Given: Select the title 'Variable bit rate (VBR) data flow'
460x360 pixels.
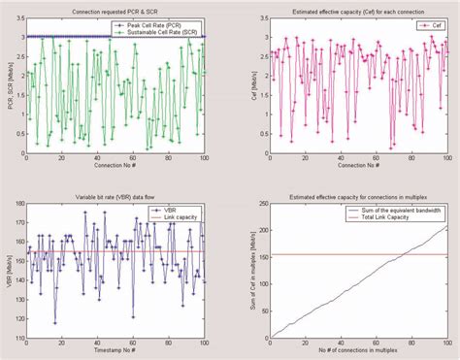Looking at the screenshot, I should pos(116,198).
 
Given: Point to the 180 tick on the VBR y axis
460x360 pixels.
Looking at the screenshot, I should pos(18,208).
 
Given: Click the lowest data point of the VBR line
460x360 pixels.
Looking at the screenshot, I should pos(55,322).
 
